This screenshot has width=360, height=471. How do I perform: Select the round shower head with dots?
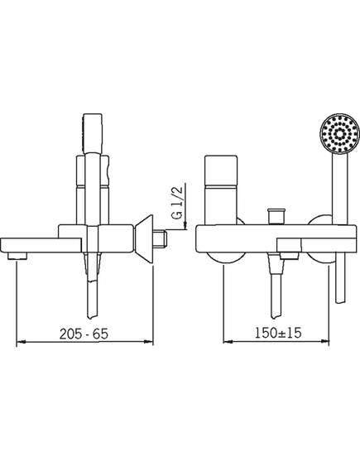point(340,132)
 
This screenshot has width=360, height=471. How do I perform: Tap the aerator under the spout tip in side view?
point(17,256)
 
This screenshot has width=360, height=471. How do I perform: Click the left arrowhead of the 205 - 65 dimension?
point(21,342)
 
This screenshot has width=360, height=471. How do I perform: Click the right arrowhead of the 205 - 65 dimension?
point(149,342)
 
